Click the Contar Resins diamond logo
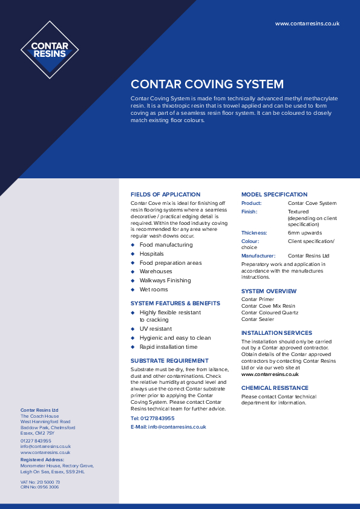point(50,50)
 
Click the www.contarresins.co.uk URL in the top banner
point(307,24)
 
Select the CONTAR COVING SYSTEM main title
point(207,84)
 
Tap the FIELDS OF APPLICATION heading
point(165,195)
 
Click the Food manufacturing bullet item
point(166,245)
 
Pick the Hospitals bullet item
point(151,254)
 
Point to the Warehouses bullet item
point(155,271)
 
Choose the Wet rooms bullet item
point(154,290)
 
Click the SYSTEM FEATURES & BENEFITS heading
point(175,303)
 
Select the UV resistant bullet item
point(155,329)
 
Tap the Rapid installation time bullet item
point(168,347)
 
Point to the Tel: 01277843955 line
point(152,418)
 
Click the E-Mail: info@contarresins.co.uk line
point(168,427)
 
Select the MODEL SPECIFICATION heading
point(274,195)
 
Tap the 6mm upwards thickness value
point(304,233)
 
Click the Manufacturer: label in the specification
point(258,256)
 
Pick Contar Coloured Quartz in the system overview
point(270,313)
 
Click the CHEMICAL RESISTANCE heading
point(275,388)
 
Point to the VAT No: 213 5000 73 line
point(40,482)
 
